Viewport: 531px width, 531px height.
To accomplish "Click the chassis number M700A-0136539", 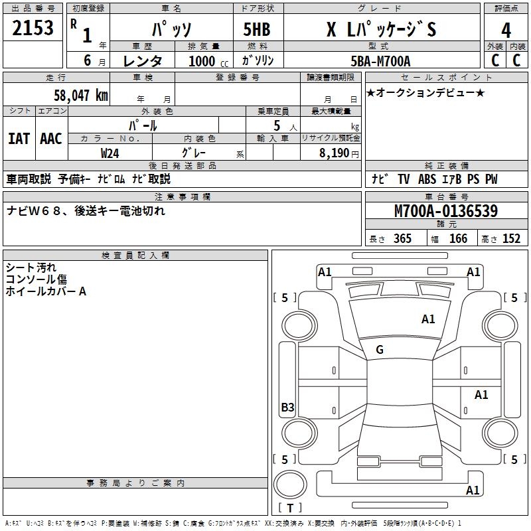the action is tap(446, 211).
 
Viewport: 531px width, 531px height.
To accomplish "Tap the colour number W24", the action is tap(110, 153).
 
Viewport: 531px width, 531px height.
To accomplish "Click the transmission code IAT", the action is tap(19, 138).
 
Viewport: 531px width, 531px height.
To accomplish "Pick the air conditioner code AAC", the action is tap(51, 138).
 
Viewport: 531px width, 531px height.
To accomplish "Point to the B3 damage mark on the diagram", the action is tap(287, 408).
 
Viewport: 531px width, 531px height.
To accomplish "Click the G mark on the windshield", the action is tap(380, 350).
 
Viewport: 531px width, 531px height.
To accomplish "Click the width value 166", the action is tap(458, 239).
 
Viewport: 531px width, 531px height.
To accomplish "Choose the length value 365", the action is tap(402, 239).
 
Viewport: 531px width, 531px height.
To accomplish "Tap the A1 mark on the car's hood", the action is tap(428, 319).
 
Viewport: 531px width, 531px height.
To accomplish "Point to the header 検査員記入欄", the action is tap(135, 256).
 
